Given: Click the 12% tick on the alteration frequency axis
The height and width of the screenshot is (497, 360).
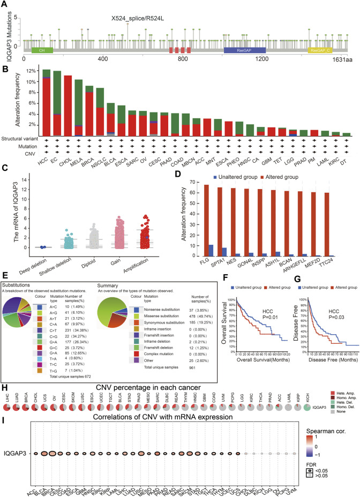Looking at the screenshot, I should tap(32, 71).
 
